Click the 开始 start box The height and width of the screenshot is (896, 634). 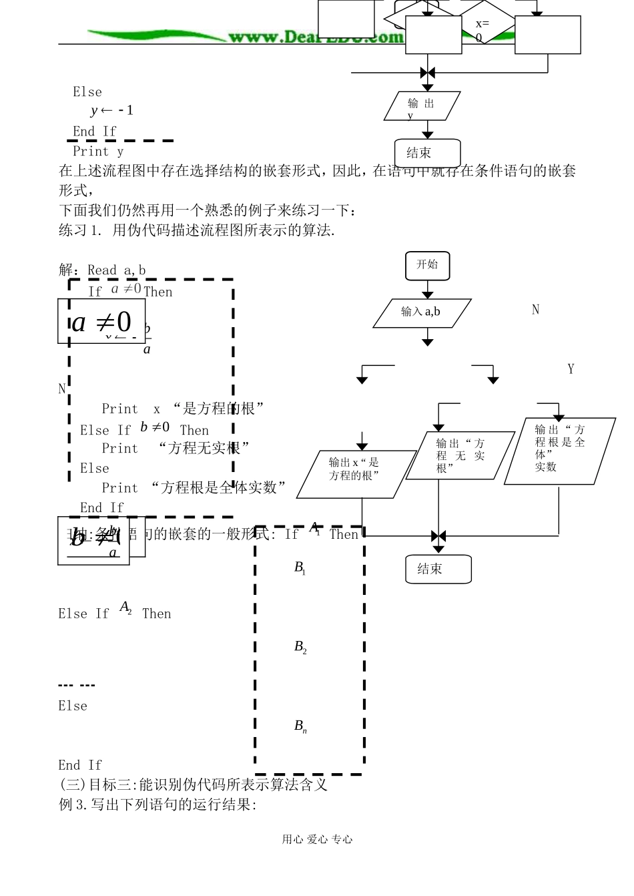click(428, 265)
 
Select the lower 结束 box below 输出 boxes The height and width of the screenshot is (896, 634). click(438, 570)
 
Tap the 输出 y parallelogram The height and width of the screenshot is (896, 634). click(422, 107)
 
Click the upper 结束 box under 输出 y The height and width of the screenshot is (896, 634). click(427, 153)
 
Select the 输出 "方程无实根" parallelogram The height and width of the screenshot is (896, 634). click(460, 455)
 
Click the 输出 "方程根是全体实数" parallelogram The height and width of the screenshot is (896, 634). click(559, 451)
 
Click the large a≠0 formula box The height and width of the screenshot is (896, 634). click(101, 322)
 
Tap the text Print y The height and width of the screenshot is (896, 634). click(98, 152)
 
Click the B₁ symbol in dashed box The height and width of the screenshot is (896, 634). click(300, 568)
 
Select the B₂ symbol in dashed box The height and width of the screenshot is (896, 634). click(300, 647)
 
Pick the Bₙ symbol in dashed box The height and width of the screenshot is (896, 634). click(300, 726)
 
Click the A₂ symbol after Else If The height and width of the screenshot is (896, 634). click(125, 608)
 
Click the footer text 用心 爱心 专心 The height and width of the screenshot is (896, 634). click(317, 840)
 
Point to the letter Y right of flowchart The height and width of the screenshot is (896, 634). click(571, 369)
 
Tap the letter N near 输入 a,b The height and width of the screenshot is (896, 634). click(535, 310)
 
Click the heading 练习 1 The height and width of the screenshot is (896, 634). click(81, 231)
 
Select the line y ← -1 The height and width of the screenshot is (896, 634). click(111, 111)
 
